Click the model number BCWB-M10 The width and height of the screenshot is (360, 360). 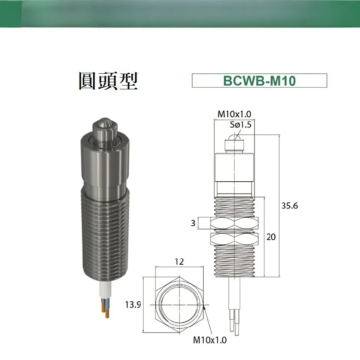[259, 80]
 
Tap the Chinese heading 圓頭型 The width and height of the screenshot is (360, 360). [108, 80]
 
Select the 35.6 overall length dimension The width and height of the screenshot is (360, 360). [290, 206]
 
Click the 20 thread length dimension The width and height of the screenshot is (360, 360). [271, 237]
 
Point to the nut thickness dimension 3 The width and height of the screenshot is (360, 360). [193, 223]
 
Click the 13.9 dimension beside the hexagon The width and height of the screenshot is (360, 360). [133, 305]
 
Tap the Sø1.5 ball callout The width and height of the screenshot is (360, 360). [241, 125]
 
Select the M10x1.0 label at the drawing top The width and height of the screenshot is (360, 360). [234, 114]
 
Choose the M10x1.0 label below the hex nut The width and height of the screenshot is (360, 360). [210, 340]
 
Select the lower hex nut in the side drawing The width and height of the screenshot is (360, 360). [234, 238]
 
